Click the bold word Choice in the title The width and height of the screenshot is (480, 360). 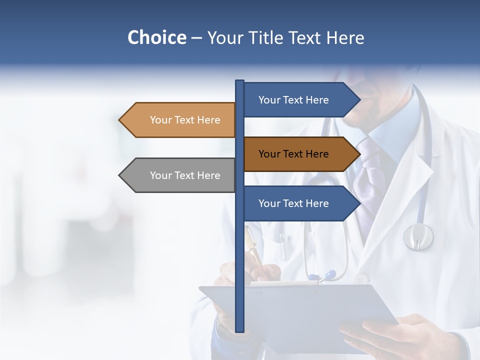(x=156, y=37)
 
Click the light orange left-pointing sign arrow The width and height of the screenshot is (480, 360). (x=180, y=120)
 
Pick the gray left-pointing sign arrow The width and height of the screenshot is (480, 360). (x=180, y=175)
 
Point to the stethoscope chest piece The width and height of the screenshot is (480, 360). (x=418, y=236)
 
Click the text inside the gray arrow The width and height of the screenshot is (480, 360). (x=185, y=175)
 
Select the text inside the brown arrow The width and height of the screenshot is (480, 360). (x=293, y=154)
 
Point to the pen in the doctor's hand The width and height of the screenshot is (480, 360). (x=253, y=250)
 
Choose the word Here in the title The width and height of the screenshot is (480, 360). (x=345, y=37)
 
